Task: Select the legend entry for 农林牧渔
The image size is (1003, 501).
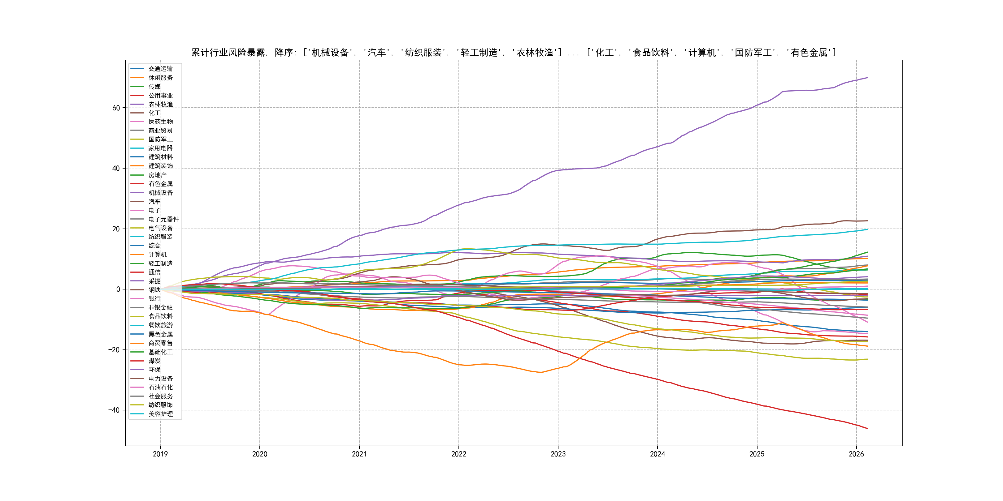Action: click(x=160, y=104)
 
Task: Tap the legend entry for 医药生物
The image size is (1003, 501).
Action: click(x=160, y=122)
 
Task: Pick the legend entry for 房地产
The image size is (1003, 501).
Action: click(x=157, y=175)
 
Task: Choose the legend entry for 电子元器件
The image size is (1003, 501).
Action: click(x=163, y=219)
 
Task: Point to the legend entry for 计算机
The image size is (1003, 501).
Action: click(x=157, y=255)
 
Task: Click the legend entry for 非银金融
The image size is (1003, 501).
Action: click(x=160, y=308)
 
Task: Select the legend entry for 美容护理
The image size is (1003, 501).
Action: click(x=160, y=414)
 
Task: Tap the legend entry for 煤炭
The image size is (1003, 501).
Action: click(x=154, y=361)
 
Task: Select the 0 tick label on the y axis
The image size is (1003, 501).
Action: click(x=118, y=289)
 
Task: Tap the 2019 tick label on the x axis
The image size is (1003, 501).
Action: click(x=160, y=454)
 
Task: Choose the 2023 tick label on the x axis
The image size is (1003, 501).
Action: click(x=558, y=454)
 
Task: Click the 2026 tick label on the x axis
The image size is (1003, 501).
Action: click(x=856, y=454)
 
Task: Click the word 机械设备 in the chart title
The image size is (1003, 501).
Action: click(x=330, y=53)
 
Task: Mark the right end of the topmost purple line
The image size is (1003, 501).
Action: click(x=867, y=78)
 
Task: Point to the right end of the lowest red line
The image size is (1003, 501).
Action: click(x=867, y=429)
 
